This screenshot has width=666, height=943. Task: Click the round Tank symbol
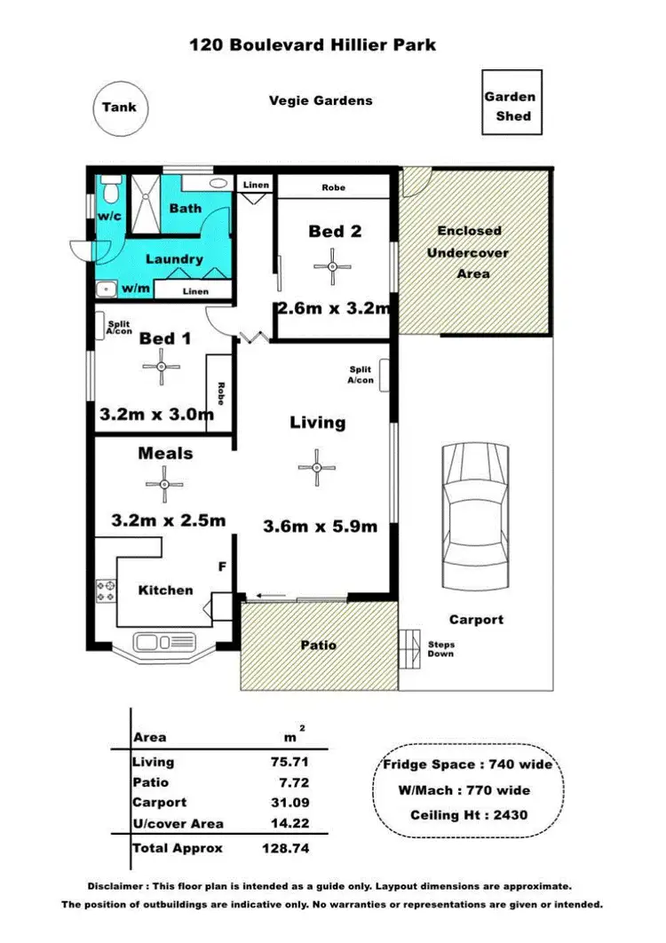point(119,107)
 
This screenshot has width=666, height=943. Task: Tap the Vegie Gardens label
point(321,100)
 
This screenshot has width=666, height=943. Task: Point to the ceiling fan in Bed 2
point(332,265)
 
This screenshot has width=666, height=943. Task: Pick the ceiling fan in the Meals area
point(164,485)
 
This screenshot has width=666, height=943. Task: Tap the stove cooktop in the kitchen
point(106,590)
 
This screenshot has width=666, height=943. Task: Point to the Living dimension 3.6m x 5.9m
point(320,526)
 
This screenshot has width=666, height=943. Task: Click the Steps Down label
point(440,649)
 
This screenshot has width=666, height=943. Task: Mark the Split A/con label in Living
point(361,375)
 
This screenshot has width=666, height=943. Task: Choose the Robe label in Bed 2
point(334,187)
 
